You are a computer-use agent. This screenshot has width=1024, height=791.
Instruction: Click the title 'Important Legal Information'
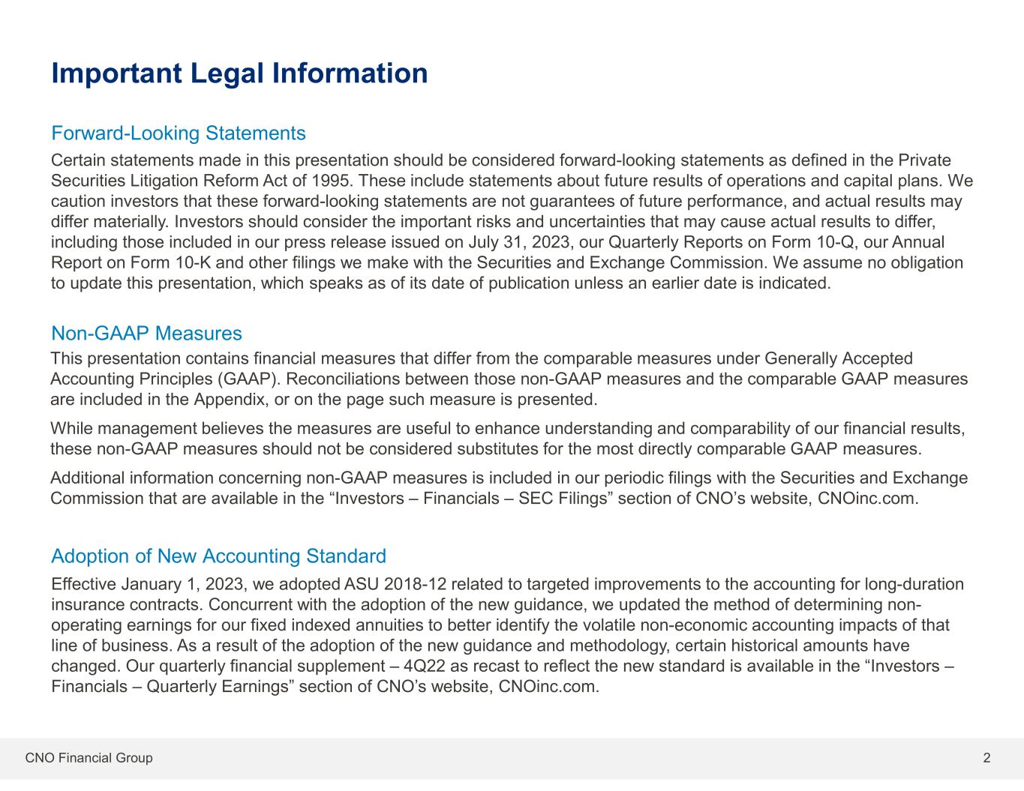[239, 73]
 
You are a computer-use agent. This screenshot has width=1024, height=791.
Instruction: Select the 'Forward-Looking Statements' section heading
[179, 133]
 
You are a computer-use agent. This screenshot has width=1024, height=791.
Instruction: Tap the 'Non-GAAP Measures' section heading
[146, 333]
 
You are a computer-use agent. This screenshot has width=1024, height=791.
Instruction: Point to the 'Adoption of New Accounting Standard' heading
[218, 556]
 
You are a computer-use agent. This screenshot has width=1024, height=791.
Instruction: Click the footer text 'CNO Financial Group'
[89, 758]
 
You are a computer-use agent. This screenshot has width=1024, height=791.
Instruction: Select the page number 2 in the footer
[986, 758]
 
